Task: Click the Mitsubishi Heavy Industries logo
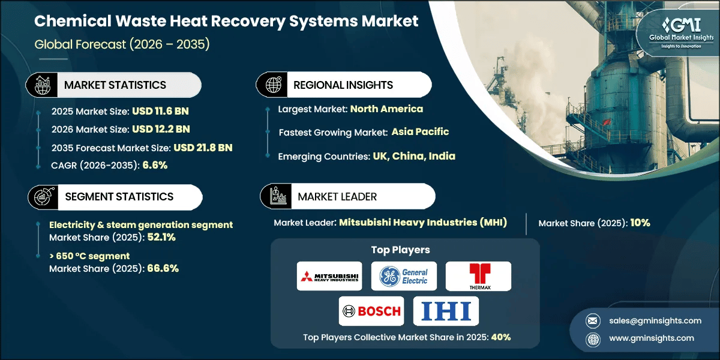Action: (x=329, y=276)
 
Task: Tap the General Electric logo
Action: (x=403, y=276)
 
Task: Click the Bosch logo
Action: (x=371, y=311)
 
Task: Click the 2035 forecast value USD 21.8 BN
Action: (x=203, y=148)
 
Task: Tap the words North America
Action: (x=386, y=109)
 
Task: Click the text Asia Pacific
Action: (x=420, y=131)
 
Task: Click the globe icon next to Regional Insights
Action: (x=274, y=85)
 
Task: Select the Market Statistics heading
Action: (x=115, y=85)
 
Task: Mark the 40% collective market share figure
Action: (x=500, y=337)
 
